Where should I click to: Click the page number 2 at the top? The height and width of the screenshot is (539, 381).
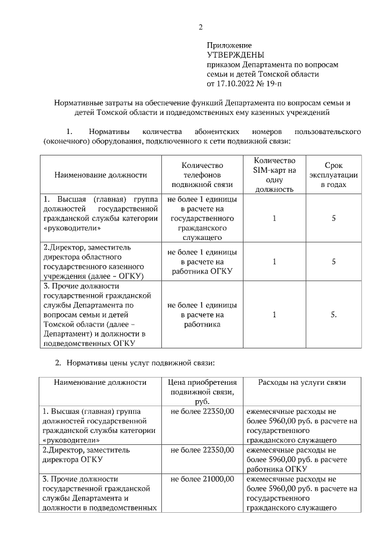(201, 27)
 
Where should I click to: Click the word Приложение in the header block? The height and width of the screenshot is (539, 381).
(229, 45)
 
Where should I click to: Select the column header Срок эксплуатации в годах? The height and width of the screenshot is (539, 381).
(333, 175)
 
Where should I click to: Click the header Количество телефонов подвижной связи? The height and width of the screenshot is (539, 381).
(202, 175)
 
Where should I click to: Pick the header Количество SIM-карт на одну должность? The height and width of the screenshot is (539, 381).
(274, 175)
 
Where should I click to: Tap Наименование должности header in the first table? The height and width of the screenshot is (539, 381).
(101, 175)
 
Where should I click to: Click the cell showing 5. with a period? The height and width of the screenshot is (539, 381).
(334, 314)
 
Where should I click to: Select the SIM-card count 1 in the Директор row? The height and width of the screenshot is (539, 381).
(274, 261)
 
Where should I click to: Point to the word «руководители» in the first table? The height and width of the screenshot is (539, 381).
(72, 228)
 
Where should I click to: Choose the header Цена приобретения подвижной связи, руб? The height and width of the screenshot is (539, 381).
(202, 392)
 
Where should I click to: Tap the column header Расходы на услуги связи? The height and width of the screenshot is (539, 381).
(301, 382)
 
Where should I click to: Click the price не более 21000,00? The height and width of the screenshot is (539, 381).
(202, 479)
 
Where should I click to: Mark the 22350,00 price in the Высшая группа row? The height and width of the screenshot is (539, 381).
(202, 411)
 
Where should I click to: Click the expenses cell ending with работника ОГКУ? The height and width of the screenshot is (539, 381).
(301, 459)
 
